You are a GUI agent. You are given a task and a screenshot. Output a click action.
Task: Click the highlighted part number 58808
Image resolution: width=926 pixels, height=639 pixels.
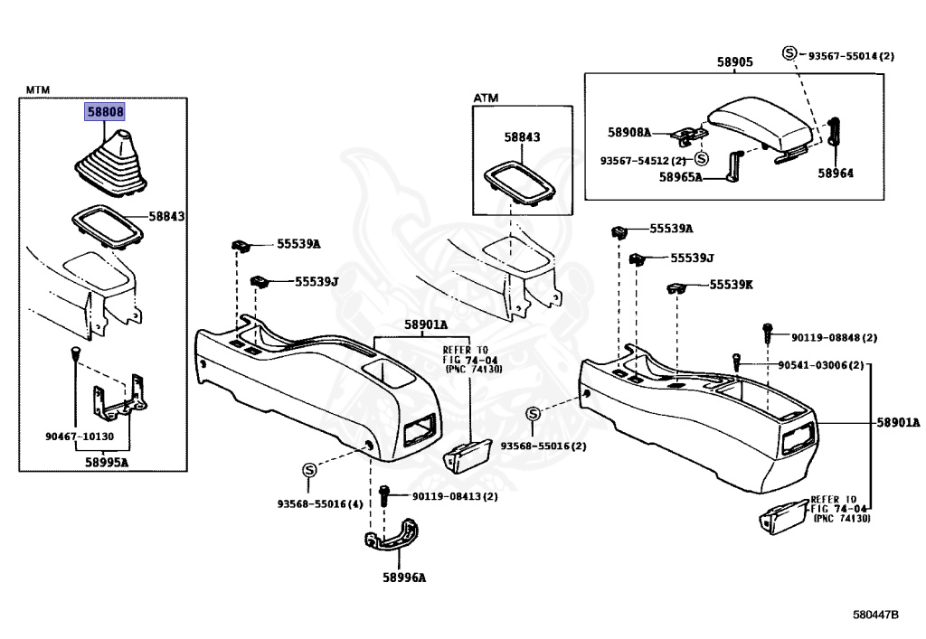[105, 113]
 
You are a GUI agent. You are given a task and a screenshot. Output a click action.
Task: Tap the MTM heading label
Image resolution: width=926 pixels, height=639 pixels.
[37, 89]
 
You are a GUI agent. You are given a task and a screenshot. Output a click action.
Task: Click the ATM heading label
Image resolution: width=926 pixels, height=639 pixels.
[486, 98]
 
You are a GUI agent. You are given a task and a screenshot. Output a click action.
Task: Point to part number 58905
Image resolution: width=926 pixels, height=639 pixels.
[734, 61]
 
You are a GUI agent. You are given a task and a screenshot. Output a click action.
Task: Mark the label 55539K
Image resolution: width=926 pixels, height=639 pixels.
[731, 284]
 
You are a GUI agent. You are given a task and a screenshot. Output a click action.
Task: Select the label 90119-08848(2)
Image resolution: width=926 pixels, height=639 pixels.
[834, 337]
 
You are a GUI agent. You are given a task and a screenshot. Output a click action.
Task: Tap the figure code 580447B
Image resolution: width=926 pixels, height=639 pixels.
[875, 616]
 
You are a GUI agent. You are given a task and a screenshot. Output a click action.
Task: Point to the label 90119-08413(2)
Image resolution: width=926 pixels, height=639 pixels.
[454, 496]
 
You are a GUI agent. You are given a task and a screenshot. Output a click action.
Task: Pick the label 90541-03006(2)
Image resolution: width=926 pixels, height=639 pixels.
[820, 365]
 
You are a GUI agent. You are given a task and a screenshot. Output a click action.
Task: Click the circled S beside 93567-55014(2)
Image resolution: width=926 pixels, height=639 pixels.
[789, 54]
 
